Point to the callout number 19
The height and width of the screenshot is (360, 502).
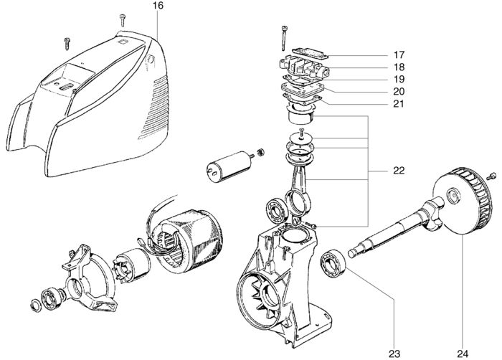tap(398, 78)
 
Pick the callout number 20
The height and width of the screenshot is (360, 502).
tap(398, 91)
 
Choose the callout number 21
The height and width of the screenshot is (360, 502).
tap(398, 104)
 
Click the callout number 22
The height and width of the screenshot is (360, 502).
tap(398, 171)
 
